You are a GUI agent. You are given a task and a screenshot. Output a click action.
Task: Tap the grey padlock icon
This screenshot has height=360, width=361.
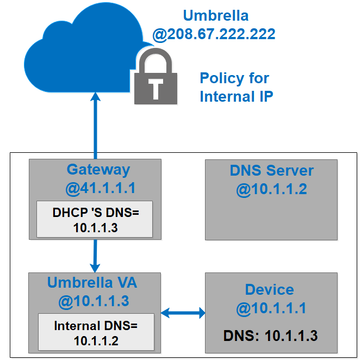[156, 79]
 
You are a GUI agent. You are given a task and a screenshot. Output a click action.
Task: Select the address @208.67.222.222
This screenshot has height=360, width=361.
[214, 35]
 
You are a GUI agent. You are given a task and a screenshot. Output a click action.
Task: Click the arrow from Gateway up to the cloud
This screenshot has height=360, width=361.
[96, 125]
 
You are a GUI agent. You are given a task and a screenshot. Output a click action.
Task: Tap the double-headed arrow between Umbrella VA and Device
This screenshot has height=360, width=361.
[183, 313]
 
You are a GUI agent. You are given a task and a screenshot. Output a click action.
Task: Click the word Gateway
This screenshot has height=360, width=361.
[98, 170]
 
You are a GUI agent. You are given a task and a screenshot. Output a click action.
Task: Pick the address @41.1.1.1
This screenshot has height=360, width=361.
[98, 189]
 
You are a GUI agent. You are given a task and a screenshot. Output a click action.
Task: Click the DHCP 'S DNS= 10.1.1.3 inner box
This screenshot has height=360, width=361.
[95, 219]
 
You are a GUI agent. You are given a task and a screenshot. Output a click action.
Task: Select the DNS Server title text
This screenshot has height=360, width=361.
[271, 171]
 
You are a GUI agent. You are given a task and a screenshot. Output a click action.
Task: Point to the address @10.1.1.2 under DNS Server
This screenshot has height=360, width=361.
[271, 190]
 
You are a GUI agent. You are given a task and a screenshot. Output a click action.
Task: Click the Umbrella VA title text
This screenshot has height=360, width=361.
[92, 283]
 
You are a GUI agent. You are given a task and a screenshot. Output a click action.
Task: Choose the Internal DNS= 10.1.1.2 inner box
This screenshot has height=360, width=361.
[96, 333]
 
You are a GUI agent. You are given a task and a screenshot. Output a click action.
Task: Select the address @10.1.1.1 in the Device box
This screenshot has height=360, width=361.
[271, 309]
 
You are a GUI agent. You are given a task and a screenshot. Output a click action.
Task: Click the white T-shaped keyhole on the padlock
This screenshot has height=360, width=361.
[156, 87]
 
